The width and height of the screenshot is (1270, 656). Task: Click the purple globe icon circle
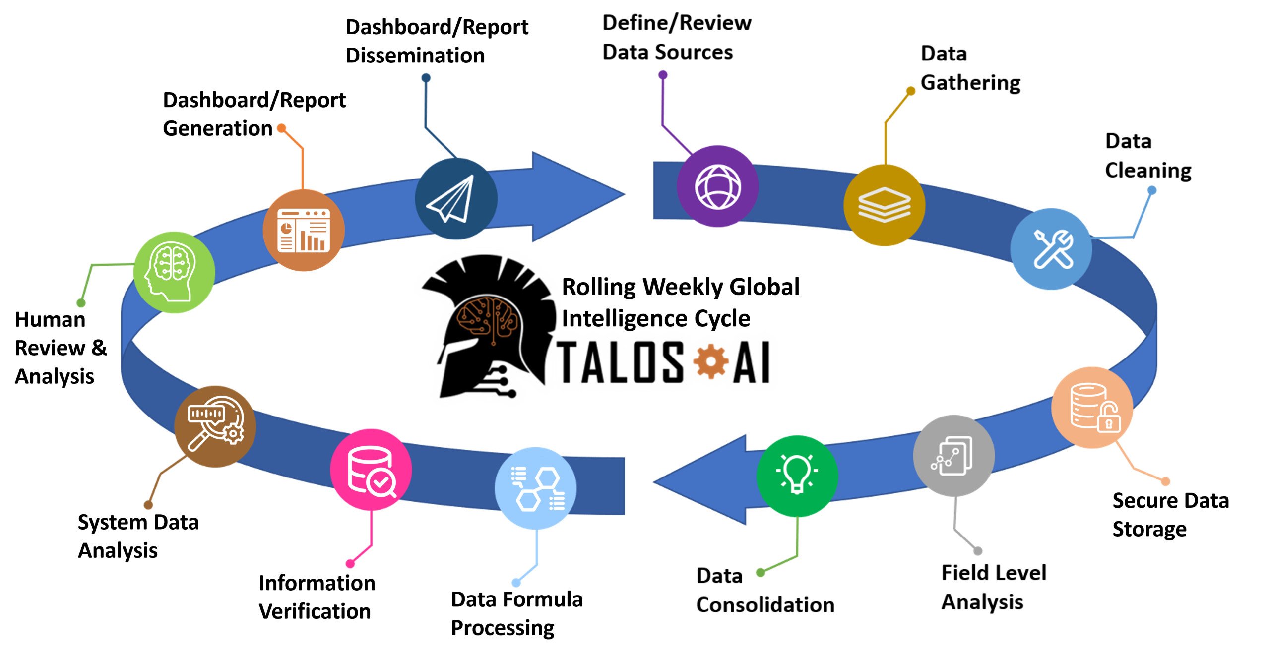click(x=717, y=186)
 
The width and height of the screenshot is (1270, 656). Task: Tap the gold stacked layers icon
click(x=884, y=205)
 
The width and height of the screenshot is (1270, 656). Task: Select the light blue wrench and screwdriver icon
click(x=1052, y=249)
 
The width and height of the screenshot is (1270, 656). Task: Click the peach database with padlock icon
click(x=1092, y=408)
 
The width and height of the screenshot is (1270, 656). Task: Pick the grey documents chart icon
click(x=953, y=456)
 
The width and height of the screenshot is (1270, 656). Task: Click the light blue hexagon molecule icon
click(x=536, y=488)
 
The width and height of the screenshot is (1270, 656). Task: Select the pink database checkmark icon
click(x=371, y=470)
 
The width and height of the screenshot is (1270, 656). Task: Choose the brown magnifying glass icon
click(x=215, y=426)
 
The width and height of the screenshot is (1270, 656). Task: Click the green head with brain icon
click(x=174, y=272)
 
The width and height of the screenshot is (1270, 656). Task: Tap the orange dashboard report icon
click(x=304, y=230)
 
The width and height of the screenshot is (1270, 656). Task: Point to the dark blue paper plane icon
click(x=455, y=199)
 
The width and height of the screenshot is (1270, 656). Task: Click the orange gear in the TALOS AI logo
click(x=710, y=361)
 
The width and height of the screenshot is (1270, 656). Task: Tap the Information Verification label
click(x=317, y=596)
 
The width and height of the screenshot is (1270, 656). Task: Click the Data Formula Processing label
click(x=516, y=613)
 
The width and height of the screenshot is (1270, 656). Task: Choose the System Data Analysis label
click(x=138, y=537)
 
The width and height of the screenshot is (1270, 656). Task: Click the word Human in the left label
click(x=50, y=320)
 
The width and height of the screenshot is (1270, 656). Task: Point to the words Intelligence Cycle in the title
click(x=656, y=318)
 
